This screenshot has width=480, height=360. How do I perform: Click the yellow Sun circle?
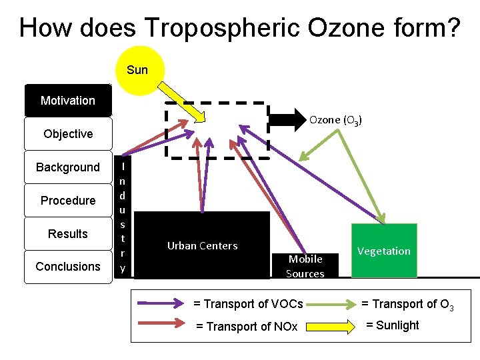[x=138, y=70]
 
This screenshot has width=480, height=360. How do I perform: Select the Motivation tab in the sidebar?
[x=68, y=101]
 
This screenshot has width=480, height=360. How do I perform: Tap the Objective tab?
[x=68, y=134]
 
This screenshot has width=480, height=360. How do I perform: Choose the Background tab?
[x=68, y=167]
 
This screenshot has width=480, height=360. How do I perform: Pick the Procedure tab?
[x=68, y=201]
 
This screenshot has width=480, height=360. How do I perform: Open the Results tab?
[x=68, y=234]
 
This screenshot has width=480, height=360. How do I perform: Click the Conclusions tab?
[x=68, y=267]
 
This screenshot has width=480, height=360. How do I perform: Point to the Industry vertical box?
[x=123, y=215]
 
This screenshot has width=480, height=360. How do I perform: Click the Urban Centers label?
[x=202, y=245]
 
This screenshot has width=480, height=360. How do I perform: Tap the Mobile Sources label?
[x=305, y=266]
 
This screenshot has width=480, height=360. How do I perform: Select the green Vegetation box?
[x=383, y=251]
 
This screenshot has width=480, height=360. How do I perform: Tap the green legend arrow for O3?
[x=333, y=304]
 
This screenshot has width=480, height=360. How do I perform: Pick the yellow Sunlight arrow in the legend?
[x=333, y=326]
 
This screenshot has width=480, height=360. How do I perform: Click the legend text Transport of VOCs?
[x=248, y=304]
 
